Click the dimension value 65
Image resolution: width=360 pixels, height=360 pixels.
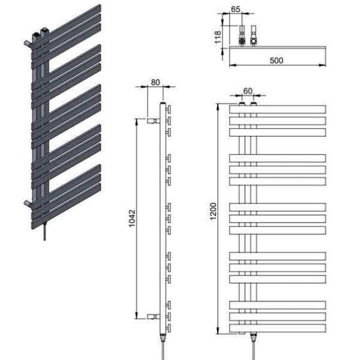pyautogui.click(x=236, y=10)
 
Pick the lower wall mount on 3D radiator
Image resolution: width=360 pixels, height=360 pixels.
pyautogui.click(x=28, y=203)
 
